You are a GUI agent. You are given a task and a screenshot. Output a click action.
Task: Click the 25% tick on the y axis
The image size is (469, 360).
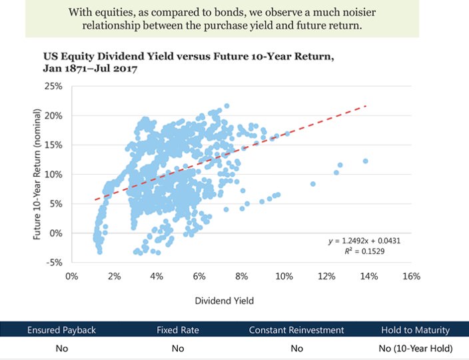pyautogui.click(x=53, y=87)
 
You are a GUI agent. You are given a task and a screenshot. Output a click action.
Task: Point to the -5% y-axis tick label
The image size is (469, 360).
pyautogui.click(x=53, y=262)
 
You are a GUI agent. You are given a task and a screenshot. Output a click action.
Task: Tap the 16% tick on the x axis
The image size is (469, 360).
pyautogui.click(x=412, y=276)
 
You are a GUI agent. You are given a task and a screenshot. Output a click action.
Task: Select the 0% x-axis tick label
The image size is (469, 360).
pyautogui.click(x=73, y=276)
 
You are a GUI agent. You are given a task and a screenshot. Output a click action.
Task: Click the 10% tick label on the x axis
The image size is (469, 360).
pyautogui.click(x=284, y=276)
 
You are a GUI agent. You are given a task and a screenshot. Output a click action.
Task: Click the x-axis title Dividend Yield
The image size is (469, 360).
pyautogui.click(x=224, y=301)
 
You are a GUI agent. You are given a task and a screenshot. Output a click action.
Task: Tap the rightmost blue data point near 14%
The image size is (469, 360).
pyautogui.click(x=365, y=161)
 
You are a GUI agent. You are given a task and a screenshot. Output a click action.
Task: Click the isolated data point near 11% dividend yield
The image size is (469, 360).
pyautogui.click(x=313, y=184)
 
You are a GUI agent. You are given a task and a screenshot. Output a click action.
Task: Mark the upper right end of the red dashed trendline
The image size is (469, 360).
pyautogui.click(x=366, y=105)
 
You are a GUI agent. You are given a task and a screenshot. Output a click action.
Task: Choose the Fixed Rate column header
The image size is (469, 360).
pyautogui.click(x=177, y=330)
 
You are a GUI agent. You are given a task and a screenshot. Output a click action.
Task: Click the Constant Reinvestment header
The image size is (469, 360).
pyautogui.click(x=296, y=330)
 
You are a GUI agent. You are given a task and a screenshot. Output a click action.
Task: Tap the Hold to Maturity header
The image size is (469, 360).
pyautogui.click(x=415, y=330)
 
